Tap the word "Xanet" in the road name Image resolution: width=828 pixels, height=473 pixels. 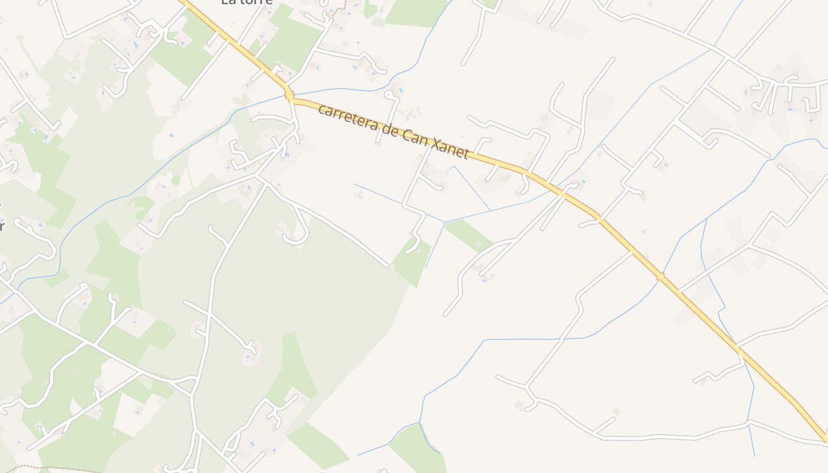pos(451,148)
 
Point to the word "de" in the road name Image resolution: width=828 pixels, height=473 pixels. pos(387,129)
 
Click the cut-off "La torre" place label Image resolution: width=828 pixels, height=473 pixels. pos(247,2)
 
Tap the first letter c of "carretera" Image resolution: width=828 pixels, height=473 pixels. pos(321,109)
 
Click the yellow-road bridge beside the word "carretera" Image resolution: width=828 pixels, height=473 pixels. pos(289,94)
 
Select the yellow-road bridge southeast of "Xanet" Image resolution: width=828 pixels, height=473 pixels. pos(659,276)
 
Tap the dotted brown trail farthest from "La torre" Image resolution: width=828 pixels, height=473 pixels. pos(53,469)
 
